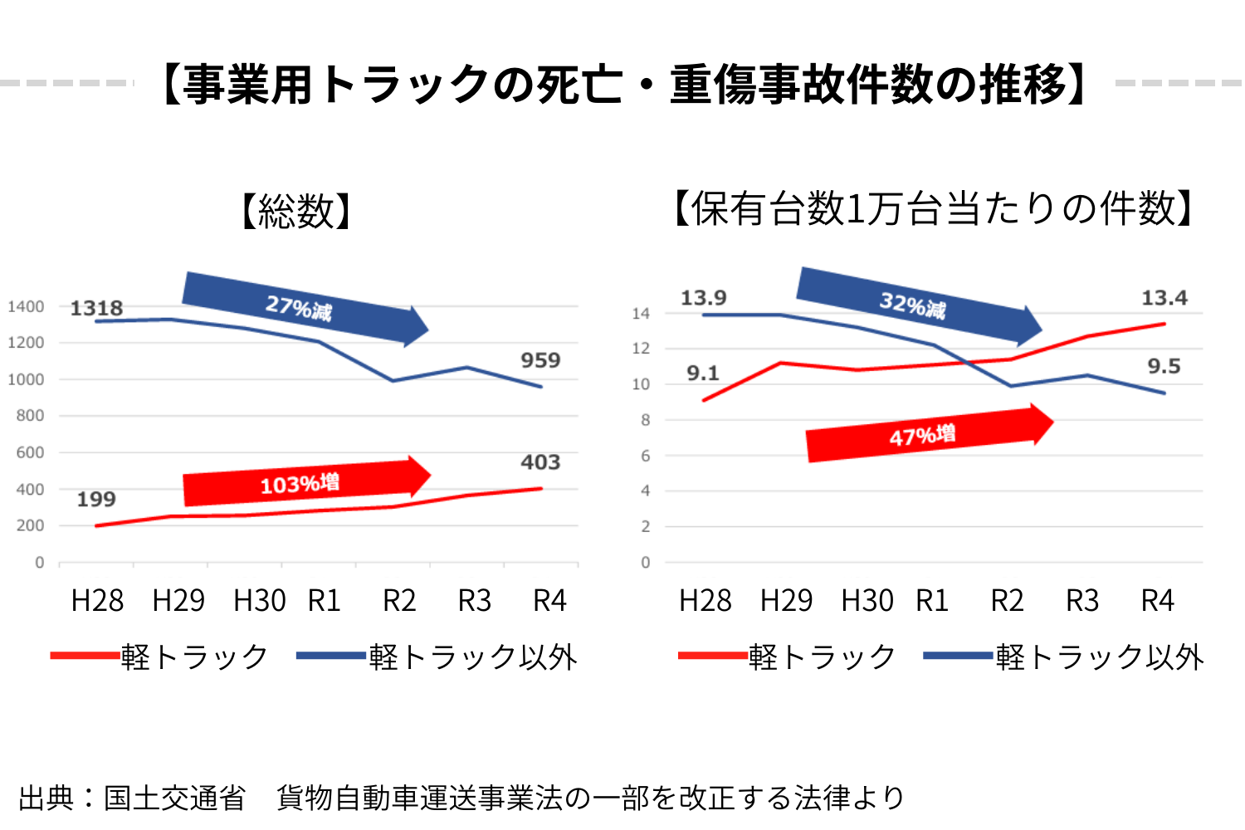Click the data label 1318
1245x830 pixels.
[96, 308]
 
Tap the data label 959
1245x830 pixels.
[540, 360]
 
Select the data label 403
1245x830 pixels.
[540, 462]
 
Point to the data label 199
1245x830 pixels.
[96, 500]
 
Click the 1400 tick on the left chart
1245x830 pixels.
[26, 307]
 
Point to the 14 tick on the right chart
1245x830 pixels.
[641, 314]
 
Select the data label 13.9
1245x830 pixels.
[704, 298]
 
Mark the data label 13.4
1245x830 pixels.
[1164, 298]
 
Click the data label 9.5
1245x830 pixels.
[1164, 366]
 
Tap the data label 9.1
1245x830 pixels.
[703, 373]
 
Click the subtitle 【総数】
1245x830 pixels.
[296, 212]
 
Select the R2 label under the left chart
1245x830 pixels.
[399, 600]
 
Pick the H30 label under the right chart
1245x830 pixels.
[867, 600]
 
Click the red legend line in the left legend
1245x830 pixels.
[85, 656]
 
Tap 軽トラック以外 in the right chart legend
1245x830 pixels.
[1100, 657]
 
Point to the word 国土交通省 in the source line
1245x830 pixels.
[174, 798]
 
